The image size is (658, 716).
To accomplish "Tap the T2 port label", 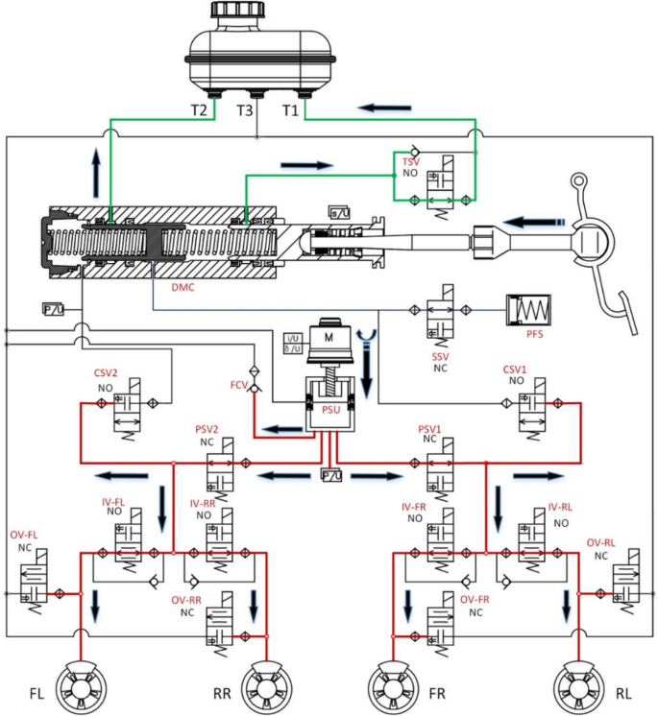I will pos(199,110).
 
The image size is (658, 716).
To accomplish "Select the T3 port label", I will pos(247,110).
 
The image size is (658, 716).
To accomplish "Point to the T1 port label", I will pos(291,110).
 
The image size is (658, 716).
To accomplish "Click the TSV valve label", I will pos(411,162).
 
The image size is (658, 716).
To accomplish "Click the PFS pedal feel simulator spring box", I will pos(526,310).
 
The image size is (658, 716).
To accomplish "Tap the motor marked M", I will pos(329,338).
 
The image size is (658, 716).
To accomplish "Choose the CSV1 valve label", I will pos(516,369).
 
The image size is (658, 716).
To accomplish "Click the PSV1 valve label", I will pos(429,428).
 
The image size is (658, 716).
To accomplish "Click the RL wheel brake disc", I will pos(576,687).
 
